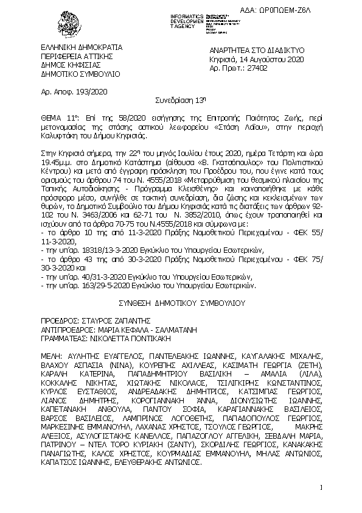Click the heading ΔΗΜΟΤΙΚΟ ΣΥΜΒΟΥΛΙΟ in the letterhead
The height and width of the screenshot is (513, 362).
coord(72,74)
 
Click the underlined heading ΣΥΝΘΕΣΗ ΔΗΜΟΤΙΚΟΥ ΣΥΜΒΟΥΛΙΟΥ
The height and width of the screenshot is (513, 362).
coord(181,302)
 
